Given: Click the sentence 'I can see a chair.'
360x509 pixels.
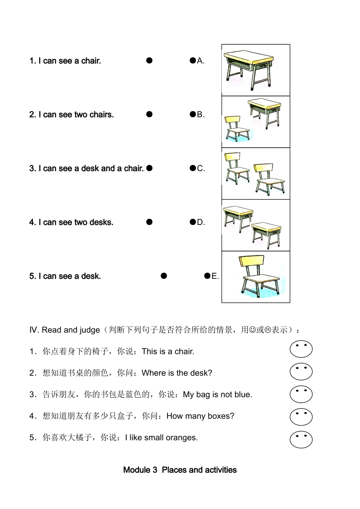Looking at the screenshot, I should pyautogui.click(x=65, y=61).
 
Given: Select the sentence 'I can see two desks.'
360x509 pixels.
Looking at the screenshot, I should pyautogui.click(x=71, y=222).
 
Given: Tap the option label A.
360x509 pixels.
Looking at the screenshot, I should pyautogui.click(x=200, y=61).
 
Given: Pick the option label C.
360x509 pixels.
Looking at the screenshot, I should pyautogui.click(x=201, y=168).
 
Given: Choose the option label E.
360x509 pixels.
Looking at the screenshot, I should pyautogui.click(x=215, y=276).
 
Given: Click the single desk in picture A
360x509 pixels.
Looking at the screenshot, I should pyautogui.click(x=249, y=68).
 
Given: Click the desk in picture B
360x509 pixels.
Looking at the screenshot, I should pyautogui.click(x=264, y=112).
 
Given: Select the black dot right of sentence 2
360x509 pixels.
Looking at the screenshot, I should pyautogui.click(x=149, y=114).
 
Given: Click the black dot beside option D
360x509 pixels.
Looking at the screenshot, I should pyautogui.click(x=193, y=222).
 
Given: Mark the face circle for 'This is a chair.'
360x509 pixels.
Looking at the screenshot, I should pyautogui.click(x=301, y=349).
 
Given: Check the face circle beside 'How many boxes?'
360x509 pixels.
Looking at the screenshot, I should pyautogui.click(x=301, y=416).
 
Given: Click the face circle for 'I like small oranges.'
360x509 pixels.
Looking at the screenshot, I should pyautogui.click(x=301, y=439).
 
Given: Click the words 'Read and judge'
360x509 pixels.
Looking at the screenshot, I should pyautogui.click(x=70, y=330).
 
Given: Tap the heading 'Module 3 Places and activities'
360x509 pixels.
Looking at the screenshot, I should pyautogui.click(x=180, y=470).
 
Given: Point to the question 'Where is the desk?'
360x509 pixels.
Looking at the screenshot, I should pyautogui.click(x=177, y=373).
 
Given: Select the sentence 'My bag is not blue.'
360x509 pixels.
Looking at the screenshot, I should pyautogui.click(x=217, y=394).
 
